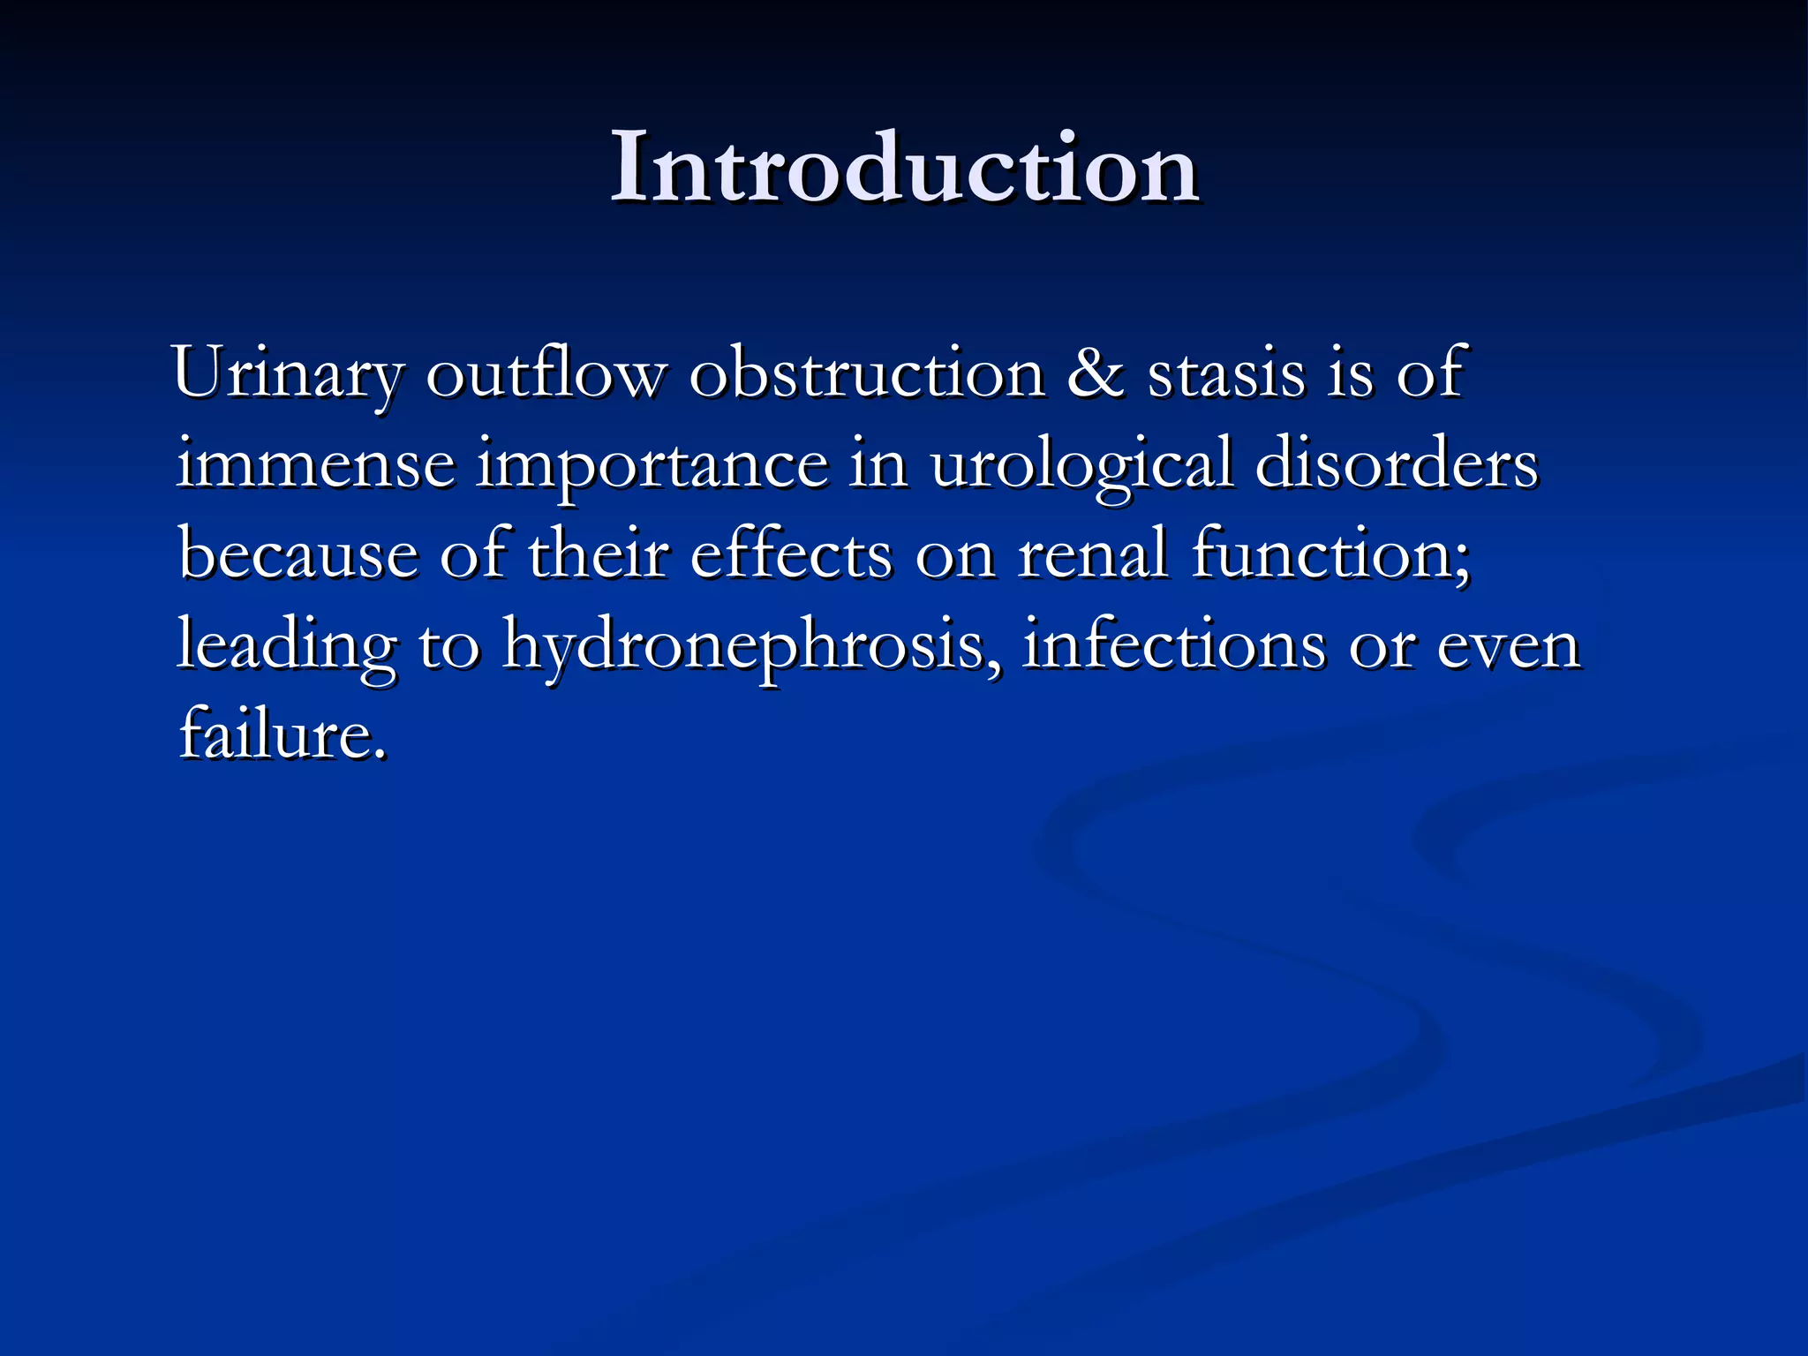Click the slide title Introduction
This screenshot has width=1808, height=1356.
[903, 168]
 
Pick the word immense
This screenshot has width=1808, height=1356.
[315, 465]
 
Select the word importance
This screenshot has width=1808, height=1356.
[652, 465]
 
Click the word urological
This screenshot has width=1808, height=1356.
[1081, 465]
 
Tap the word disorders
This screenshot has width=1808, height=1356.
[1396, 465]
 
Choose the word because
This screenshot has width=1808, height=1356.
[298, 555]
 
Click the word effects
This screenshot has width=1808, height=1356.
[790, 555]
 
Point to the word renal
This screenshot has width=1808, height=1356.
[1092, 555]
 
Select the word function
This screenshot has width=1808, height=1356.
[1329, 555]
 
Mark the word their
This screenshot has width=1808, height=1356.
[598, 555]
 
